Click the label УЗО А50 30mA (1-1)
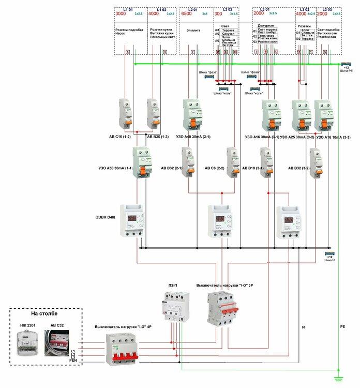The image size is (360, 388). (115, 169)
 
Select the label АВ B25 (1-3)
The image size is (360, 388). (157, 137)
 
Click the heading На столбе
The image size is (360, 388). (45, 314)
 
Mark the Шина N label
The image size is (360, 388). (330, 260)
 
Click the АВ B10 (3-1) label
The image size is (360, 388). (253, 169)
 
